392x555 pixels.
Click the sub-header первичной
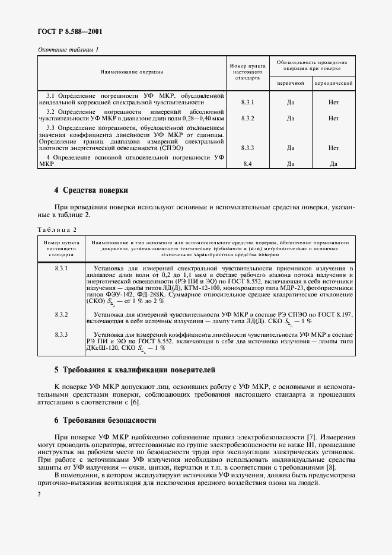click(x=291, y=83)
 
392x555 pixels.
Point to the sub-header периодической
click(x=334, y=83)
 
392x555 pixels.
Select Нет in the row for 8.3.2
click(x=334, y=118)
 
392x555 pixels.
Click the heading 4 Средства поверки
click(x=91, y=190)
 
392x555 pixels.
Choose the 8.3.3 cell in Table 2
click(x=62, y=335)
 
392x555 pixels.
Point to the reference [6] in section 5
click(x=135, y=403)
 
